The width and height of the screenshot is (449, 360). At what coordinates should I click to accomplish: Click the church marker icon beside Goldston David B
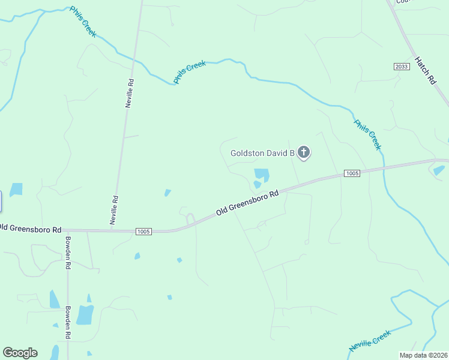coord(304,152)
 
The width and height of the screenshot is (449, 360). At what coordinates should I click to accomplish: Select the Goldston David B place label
coord(262,154)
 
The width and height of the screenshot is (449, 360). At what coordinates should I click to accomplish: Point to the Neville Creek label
coord(370,340)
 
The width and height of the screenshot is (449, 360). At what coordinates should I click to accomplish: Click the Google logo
coord(20,353)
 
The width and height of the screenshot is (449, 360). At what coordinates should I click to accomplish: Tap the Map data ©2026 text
coord(424,355)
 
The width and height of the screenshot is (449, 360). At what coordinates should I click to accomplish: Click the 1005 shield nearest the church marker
coord(352,173)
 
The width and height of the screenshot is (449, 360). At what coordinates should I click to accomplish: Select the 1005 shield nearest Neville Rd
coord(144,231)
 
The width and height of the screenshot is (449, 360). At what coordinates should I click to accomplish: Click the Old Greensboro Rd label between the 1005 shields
coord(248,203)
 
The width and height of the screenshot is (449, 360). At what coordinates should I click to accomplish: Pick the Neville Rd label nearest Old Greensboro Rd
coord(113,210)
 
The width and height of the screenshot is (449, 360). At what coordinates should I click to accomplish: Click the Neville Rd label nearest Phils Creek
coord(129,92)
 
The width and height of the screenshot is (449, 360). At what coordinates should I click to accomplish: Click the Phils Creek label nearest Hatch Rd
coord(367,134)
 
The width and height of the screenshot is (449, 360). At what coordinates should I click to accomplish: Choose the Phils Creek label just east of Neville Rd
coord(190,71)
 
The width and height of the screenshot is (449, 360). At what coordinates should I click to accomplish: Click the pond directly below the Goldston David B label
coord(261,176)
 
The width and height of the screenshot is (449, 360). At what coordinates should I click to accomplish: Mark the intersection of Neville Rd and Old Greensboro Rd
coord(110,230)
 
